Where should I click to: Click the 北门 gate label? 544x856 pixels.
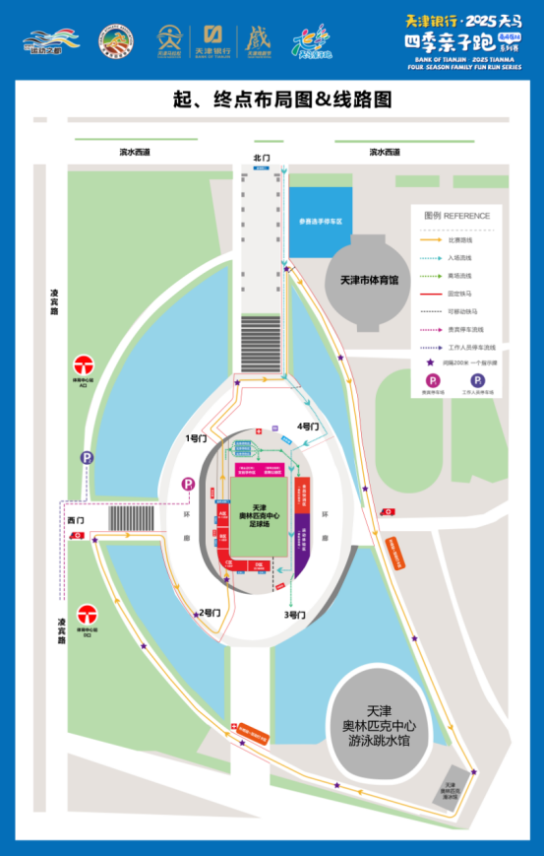(x=261, y=158)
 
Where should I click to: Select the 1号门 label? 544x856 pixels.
(x=197, y=436)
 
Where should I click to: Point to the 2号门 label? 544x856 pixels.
(x=208, y=613)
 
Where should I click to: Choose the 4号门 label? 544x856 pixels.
(x=309, y=427)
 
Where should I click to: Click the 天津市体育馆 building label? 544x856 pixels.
(x=369, y=280)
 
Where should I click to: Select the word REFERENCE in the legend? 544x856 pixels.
(x=466, y=215)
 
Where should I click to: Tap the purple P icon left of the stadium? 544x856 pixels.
(x=188, y=485)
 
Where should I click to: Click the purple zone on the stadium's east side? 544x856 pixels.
(x=303, y=537)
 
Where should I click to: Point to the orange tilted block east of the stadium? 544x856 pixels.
(x=396, y=553)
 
